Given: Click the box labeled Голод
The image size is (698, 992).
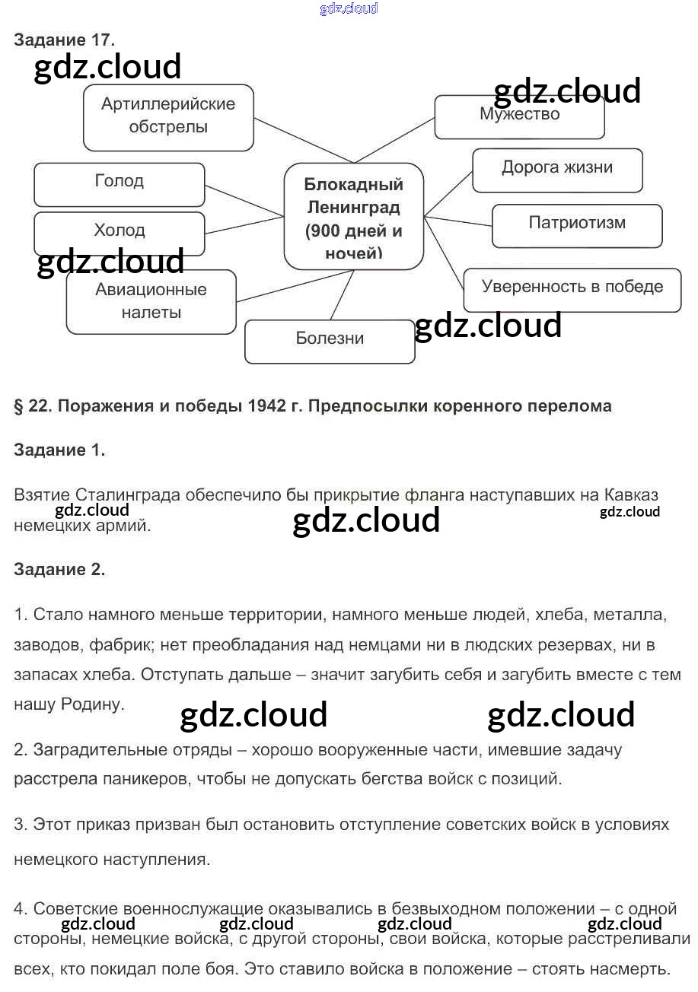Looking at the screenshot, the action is coord(120,184).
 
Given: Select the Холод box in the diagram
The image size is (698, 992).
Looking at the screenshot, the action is coord(120,234).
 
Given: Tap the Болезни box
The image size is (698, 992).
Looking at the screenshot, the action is coord(330,342).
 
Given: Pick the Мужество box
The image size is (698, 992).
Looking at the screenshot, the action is coord(519,117).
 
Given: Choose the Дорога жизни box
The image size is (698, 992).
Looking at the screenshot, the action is coord(557,170).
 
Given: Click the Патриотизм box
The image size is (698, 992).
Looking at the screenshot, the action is coord(577,225).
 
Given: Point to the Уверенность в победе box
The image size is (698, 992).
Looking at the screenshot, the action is coord(572,290).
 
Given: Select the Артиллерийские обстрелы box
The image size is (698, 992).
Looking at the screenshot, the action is coord(168,117).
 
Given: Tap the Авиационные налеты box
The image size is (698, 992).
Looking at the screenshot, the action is coord(151,301).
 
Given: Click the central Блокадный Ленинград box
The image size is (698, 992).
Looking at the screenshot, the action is coord(354,216).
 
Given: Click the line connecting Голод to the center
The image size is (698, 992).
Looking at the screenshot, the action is coord(244,201).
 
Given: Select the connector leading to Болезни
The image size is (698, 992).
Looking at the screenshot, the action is coord(342,294).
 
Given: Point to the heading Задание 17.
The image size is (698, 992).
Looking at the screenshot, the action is coord(64,40).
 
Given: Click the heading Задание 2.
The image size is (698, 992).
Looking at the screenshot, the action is coord(59,569).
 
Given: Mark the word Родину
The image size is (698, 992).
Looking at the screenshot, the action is coord(92,704).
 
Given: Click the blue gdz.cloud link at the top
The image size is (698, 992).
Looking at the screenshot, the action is coord(349,8).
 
